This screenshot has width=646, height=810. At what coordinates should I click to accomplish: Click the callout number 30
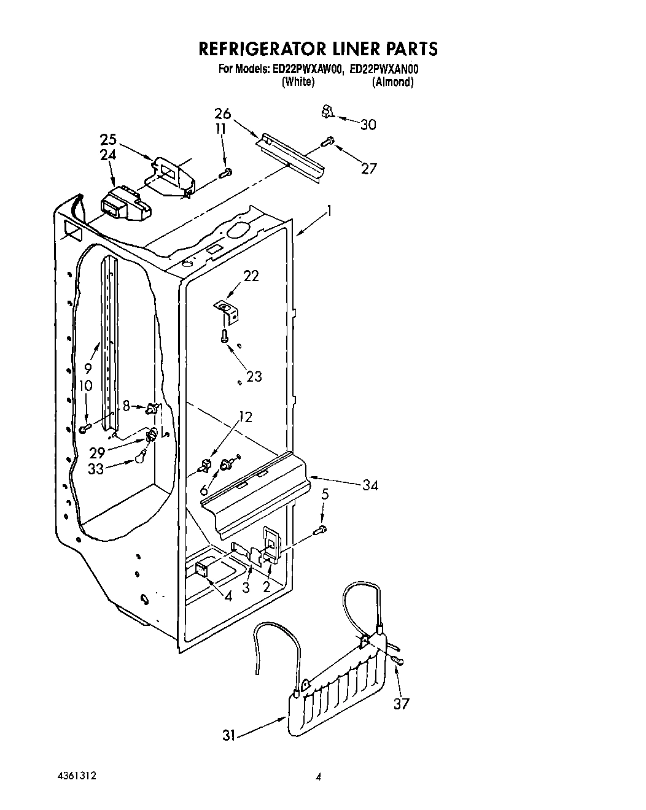[x=368, y=125]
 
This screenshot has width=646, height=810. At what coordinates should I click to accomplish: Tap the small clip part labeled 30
[x=327, y=112]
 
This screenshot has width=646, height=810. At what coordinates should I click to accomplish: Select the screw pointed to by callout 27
[x=328, y=142]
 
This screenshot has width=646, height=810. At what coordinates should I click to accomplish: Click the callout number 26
[x=222, y=114]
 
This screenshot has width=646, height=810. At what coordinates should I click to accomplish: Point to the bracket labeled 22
[x=227, y=310]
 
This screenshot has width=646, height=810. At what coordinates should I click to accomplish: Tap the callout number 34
[x=370, y=485]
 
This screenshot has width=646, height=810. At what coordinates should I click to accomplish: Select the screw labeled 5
[x=321, y=529]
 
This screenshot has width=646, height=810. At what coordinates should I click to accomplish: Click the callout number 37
[x=402, y=703]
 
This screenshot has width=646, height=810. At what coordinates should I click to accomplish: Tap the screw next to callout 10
[x=85, y=427]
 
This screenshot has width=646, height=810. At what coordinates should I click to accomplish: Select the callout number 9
[x=87, y=369]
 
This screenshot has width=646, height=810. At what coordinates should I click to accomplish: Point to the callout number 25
[x=109, y=139]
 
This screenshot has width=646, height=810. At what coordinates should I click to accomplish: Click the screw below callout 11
[x=226, y=173]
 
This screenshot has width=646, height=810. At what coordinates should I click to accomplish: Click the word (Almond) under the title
[x=392, y=82]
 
